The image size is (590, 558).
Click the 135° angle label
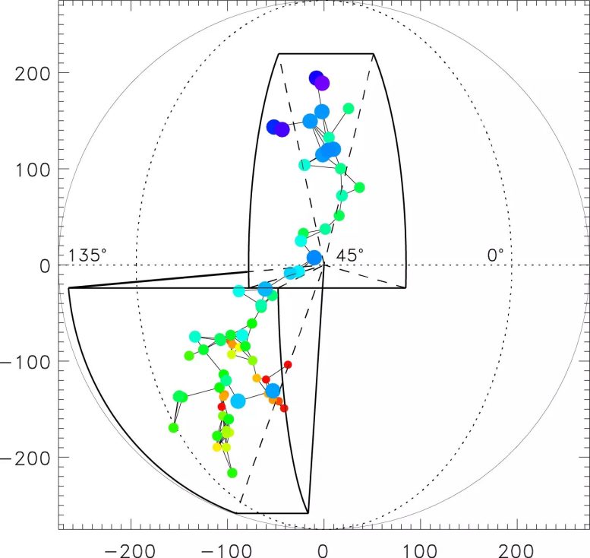click(88, 255)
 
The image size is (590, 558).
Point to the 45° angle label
click(350, 255)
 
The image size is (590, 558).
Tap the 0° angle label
click(495, 255)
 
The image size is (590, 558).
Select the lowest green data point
click(232, 473)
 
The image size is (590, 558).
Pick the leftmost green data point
click(173, 427)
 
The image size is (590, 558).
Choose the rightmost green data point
click(359, 187)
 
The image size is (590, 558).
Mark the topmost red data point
click(288, 365)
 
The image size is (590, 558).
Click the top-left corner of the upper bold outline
click(279, 54)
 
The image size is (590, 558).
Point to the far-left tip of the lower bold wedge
click(68, 288)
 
